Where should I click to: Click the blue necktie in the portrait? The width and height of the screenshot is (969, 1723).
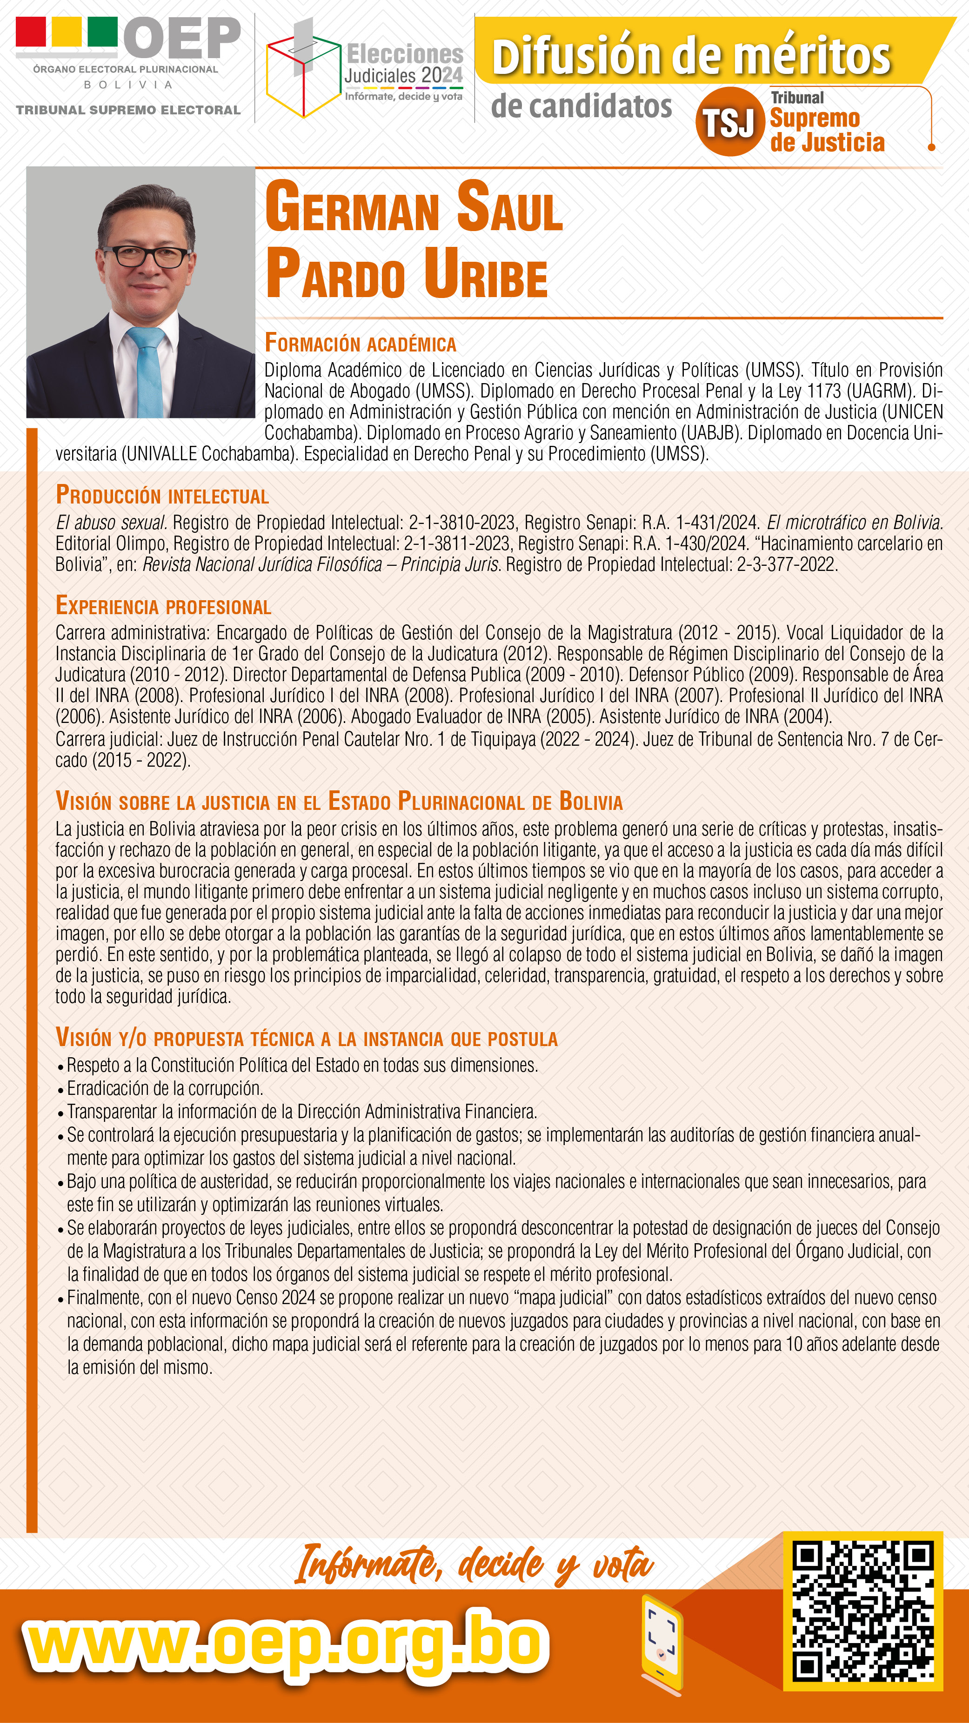(148, 371)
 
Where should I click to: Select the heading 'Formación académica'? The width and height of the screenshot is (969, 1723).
(360, 343)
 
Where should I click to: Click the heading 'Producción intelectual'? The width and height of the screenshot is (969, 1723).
(163, 496)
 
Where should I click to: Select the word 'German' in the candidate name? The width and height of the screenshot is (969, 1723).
(351, 209)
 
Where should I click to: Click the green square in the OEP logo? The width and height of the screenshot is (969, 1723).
(102, 32)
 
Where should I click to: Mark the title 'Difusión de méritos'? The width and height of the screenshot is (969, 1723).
(691, 56)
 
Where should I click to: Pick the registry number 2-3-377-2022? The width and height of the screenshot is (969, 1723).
(786, 564)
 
